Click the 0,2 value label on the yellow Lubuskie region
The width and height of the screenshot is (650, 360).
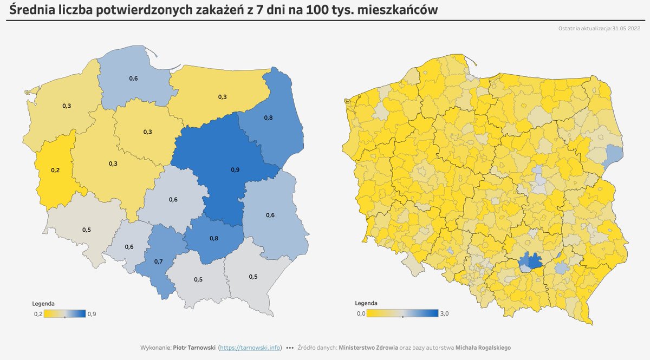tap(55, 170)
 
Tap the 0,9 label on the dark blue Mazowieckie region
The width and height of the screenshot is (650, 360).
tap(235, 170)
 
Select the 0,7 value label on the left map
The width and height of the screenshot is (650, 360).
tap(158, 261)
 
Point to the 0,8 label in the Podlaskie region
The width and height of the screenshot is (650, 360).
tap(268, 117)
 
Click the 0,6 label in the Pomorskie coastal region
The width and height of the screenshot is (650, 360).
tap(133, 79)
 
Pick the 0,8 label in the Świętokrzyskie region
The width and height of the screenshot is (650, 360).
tap(214, 238)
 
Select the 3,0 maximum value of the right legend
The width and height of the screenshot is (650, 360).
tap(445, 313)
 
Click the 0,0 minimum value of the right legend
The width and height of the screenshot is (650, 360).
tap(361, 313)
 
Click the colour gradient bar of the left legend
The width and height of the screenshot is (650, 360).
tap(64, 313)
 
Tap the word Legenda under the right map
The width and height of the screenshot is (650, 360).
tap(366, 304)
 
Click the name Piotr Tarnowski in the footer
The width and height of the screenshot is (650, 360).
tap(194, 348)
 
